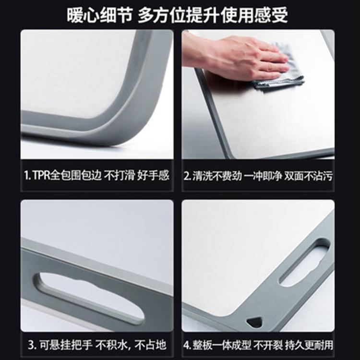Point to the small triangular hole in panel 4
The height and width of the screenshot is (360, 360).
coord(255,322)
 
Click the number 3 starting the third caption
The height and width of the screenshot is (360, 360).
coord(32,345)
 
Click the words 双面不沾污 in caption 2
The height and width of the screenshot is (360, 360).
coord(308,176)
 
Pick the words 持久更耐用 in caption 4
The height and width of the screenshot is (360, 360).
coord(309,345)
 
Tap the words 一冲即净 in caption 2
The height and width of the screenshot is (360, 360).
coord(263,176)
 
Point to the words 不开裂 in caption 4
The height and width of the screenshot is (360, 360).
coord(268,345)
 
